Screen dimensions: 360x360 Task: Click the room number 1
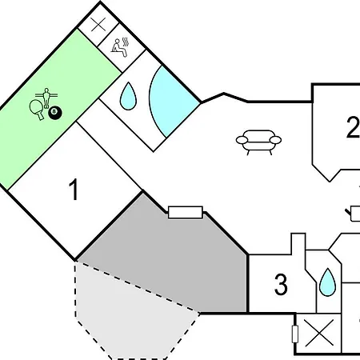point(74,190)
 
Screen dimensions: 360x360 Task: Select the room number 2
point(354,127)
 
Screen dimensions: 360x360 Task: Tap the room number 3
point(281,285)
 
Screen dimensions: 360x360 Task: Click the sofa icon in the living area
point(258,142)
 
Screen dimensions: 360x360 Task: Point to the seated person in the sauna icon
point(118,48)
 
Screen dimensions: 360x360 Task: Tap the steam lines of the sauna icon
point(126,42)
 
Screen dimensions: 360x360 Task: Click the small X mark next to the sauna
point(98,25)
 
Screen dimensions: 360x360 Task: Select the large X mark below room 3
point(319,334)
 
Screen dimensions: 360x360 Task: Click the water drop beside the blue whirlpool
point(128,96)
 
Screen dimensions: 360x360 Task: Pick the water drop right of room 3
point(327,282)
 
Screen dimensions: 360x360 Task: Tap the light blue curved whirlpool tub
point(172,102)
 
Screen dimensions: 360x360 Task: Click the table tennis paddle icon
point(37,110)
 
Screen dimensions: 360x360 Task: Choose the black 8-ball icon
point(55,112)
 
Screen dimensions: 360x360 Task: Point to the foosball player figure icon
point(46,98)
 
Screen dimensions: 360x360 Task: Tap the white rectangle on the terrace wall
point(186,212)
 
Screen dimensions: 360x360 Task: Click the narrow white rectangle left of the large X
point(295,334)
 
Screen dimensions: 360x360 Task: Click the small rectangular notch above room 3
point(298,243)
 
